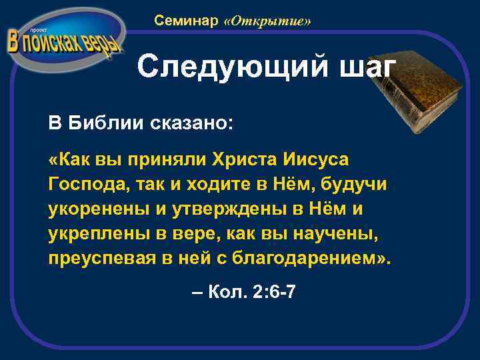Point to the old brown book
pyautogui.click(x=419, y=94)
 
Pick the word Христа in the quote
pyautogui.click(x=241, y=161)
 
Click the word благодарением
pyautogui.click(x=312, y=259)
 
